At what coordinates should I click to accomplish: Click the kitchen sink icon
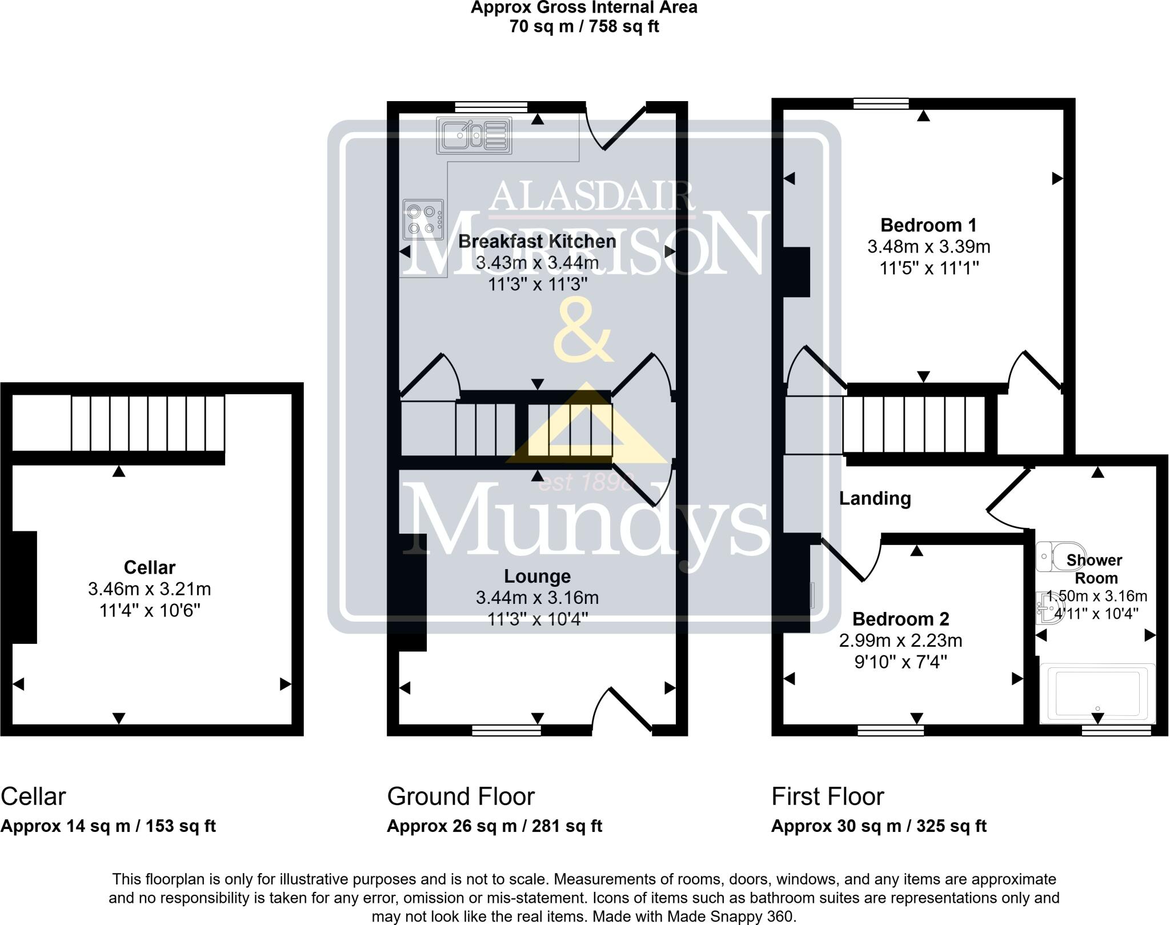click(474, 136)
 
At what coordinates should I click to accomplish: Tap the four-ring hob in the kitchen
click(423, 219)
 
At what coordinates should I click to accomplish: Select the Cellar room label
click(150, 567)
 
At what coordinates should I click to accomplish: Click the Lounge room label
click(537, 576)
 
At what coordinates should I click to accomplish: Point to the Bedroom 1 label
click(928, 225)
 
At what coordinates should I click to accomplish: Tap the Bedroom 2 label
click(900, 619)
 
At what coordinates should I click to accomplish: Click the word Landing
click(875, 499)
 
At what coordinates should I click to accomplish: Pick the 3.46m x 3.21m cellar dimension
click(150, 589)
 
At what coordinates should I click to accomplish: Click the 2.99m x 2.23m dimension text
click(900, 640)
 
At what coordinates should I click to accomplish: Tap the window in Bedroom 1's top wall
click(881, 103)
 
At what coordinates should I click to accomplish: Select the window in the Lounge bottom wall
click(506, 730)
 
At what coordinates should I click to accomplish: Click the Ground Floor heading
click(460, 796)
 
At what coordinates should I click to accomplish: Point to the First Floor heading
click(827, 796)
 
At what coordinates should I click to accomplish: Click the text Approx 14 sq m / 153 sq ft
click(108, 826)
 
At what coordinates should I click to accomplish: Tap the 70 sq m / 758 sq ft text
click(584, 27)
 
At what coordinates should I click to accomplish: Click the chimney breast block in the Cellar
click(24, 587)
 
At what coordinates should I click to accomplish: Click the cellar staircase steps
click(147, 423)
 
